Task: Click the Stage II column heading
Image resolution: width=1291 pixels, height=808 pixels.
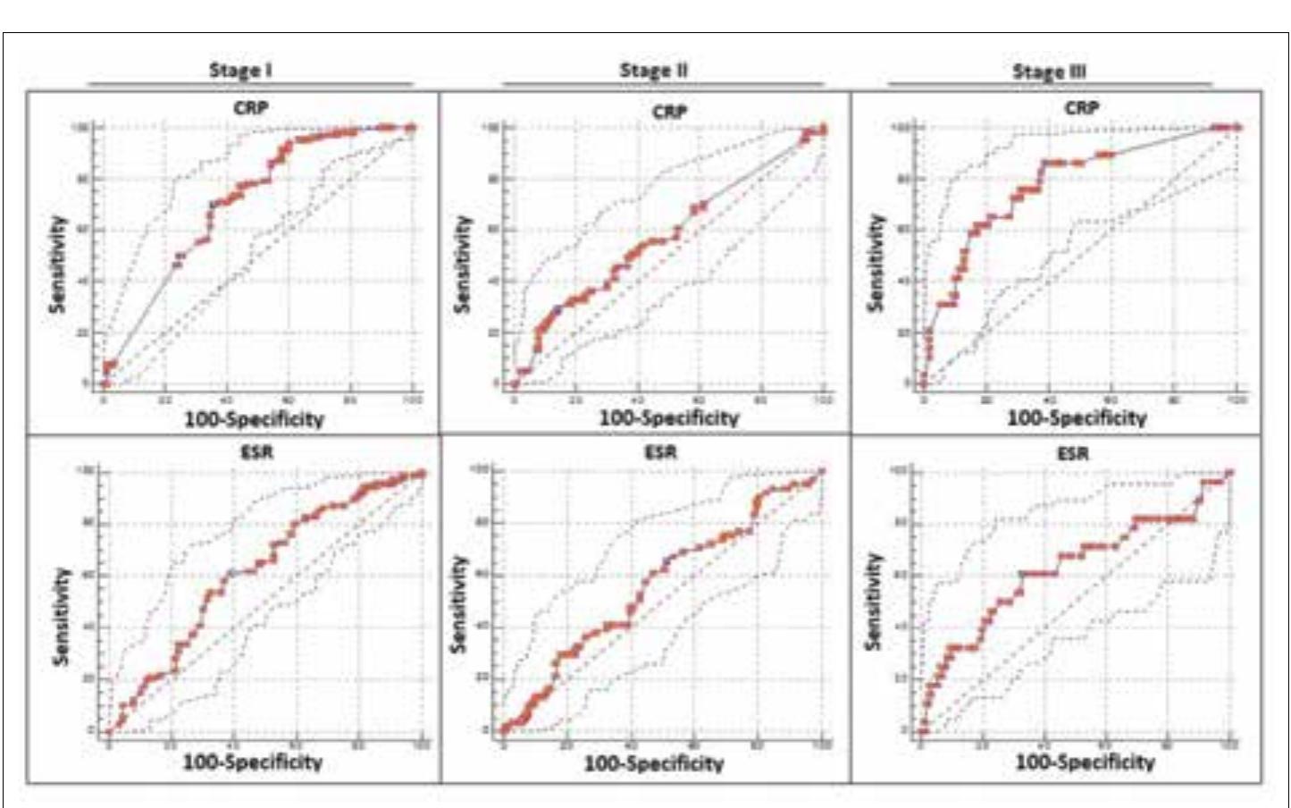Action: tap(653, 70)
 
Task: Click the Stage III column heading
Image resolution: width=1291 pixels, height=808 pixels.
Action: tap(1049, 72)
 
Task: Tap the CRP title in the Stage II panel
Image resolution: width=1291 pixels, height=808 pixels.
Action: tap(669, 112)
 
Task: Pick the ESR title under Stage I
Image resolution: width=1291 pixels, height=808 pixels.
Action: tap(257, 453)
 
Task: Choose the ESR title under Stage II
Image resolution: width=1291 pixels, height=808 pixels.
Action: tap(660, 452)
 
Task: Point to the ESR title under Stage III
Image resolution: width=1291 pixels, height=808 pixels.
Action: tap(1072, 454)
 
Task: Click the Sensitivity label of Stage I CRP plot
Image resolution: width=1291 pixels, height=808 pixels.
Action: tap(59, 264)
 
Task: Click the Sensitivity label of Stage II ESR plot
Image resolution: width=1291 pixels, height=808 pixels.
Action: tap(459, 604)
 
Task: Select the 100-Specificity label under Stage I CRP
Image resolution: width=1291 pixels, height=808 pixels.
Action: tap(254, 418)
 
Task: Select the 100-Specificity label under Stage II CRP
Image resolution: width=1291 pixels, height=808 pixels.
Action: tap(668, 417)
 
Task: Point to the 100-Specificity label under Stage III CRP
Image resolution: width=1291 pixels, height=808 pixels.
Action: tap(1077, 417)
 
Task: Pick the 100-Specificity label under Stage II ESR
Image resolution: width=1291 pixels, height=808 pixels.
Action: tap(653, 763)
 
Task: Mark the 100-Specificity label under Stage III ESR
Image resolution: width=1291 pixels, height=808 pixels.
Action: tap(1084, 762)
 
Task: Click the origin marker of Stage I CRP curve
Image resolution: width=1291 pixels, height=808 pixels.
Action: tap(105, 383)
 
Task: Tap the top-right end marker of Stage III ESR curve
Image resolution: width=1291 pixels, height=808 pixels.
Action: tap(1228, 473)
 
